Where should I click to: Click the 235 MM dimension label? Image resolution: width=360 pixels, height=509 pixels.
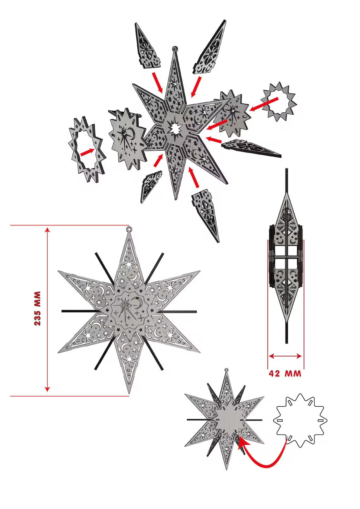[x=38, y=308]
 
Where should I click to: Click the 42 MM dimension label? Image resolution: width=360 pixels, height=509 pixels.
[x=285, y=374]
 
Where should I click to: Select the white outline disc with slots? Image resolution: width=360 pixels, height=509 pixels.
[x=300, y=420]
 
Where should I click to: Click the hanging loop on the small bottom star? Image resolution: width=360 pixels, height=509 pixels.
[x=226, y=370]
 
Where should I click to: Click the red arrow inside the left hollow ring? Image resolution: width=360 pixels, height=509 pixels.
[x=87, y=152]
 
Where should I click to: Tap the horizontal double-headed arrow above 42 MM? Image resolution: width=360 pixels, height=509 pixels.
[x=285, y=356]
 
